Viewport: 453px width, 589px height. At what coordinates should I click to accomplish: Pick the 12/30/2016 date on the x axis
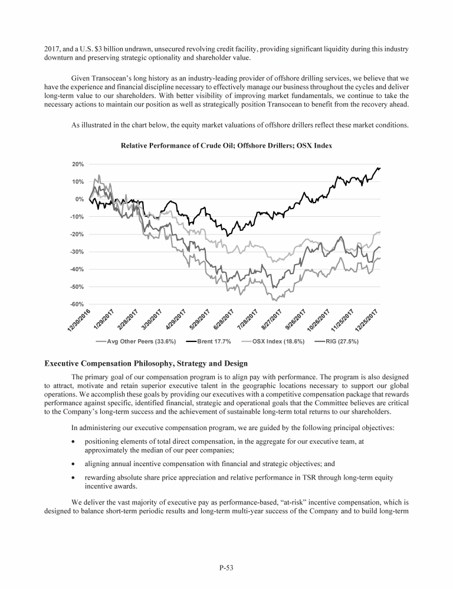coord(79,320)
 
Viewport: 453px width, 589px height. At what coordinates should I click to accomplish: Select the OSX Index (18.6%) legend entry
coord(279,341)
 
